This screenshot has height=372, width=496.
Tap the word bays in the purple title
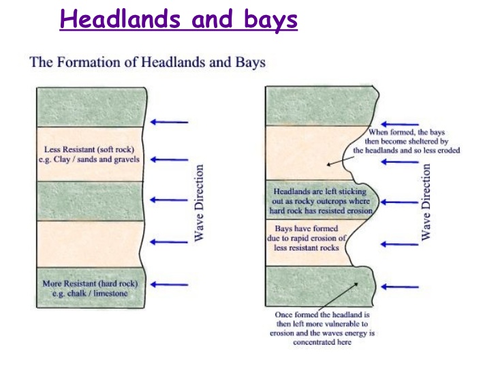[x=270, y=20]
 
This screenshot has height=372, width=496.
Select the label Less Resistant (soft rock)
[x=89, y=149]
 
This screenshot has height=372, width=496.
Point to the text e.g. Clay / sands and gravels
[x=89, y=159]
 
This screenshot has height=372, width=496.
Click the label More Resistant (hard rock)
[x=90, y=283]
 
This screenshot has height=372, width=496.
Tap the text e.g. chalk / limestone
[x=90, y=293]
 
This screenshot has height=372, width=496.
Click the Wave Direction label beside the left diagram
[x=199, y=203]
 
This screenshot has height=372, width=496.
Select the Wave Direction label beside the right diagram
[x=426, y=202]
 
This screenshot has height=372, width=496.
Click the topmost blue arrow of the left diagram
[x=169, y=122]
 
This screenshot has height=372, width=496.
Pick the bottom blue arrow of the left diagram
[x=169, y=284]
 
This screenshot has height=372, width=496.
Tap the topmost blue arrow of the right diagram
[x=400, y=124]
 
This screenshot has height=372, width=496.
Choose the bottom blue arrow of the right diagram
[x=400, y=287]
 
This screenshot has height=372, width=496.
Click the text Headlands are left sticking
[x=320, y=191]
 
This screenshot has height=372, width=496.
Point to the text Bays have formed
[x=306, y=228]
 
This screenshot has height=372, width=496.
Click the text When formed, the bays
[x=407, y=132]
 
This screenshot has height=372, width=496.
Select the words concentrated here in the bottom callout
[x=322, y=342]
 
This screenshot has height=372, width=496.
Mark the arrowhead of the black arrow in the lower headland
[x=357, y=283]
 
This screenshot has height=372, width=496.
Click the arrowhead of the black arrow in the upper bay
[x=328, y=164]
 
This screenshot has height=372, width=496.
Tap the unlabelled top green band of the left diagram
[x=91, y=107]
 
